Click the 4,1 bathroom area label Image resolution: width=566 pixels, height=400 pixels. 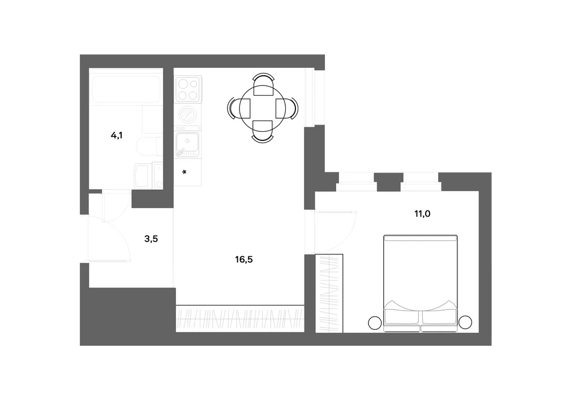pyautogui.click(x=116, y=136)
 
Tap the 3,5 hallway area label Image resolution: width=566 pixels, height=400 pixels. pyautogui.click(x=151, y=239)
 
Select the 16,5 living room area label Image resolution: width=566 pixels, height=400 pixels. pyautogui.click(x=243, y=259)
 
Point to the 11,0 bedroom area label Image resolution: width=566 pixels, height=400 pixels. pyautogui.click(x=422, y=214)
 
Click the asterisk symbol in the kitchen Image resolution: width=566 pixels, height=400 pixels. pyautogui.click(x=185, y=173)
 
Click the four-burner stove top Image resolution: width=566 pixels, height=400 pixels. pyautogui.click(x=188, y=89)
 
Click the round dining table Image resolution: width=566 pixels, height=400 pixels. pyautogui.click(x=263, y=108)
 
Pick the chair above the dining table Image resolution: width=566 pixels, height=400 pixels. pyautogui.click(x=263, y=84)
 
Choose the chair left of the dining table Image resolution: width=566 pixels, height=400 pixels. pyautogui.click(x=239, y=108)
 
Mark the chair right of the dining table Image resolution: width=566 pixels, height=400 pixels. pyautogui.click(x=287, y=108)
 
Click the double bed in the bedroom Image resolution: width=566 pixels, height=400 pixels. pyautogui.click(x=421, y=283)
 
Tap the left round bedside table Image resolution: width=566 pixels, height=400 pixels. pyautogui.click(x=375, y=323)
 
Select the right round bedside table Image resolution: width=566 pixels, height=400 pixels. pyautogui.click(x=465, y=322)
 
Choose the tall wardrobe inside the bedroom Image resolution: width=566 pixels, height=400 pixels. pyautogui.click(x=329, y=293)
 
